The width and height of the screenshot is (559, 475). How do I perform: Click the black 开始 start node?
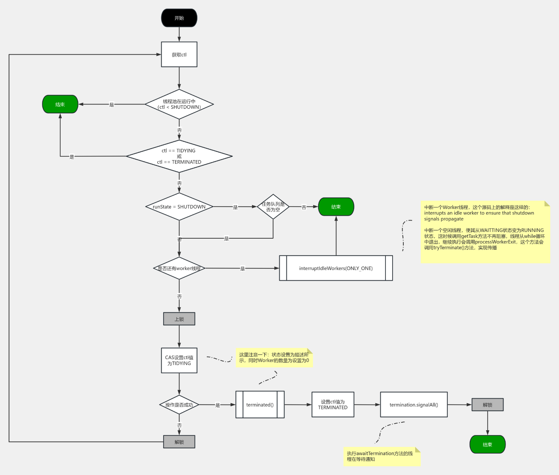[x=179, y=18]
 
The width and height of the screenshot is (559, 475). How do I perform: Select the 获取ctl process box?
[x=179, y=55]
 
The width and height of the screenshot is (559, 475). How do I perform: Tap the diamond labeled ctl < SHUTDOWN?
[x=179, y=104]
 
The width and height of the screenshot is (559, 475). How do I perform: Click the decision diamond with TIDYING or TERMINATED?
[x=179, y=156]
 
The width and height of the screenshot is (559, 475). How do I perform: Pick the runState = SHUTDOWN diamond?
[x=179, y=207]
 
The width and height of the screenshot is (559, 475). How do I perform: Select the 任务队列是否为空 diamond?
[x=273, y=207]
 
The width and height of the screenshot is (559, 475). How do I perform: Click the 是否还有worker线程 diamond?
[x=179, y=268]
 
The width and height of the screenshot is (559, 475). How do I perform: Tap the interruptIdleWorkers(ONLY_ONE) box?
[x=336, y=268]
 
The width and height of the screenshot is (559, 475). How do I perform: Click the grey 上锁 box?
[x=179, y=319]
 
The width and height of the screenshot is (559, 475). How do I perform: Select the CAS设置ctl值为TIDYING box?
[x=179, y=360]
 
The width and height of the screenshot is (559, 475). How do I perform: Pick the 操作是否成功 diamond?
[x=179, y=405]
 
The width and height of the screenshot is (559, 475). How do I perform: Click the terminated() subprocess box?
[x=260, y=405]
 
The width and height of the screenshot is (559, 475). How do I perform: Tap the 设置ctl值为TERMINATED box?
[x=333, y=405]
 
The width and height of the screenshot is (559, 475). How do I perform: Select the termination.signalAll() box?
[x=414, y=405]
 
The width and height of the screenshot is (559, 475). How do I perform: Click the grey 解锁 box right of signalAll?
[x=487, y=405]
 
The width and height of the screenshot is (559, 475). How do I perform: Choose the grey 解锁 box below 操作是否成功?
[x=179, y=442]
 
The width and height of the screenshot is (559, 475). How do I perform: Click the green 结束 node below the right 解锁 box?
[x=487, y=445]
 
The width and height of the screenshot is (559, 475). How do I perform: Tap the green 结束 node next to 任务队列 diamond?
[x=336, y=207]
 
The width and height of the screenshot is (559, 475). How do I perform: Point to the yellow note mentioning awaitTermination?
[x=381, y=456]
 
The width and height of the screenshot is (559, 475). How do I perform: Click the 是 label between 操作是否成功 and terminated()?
[x=217, y=405]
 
